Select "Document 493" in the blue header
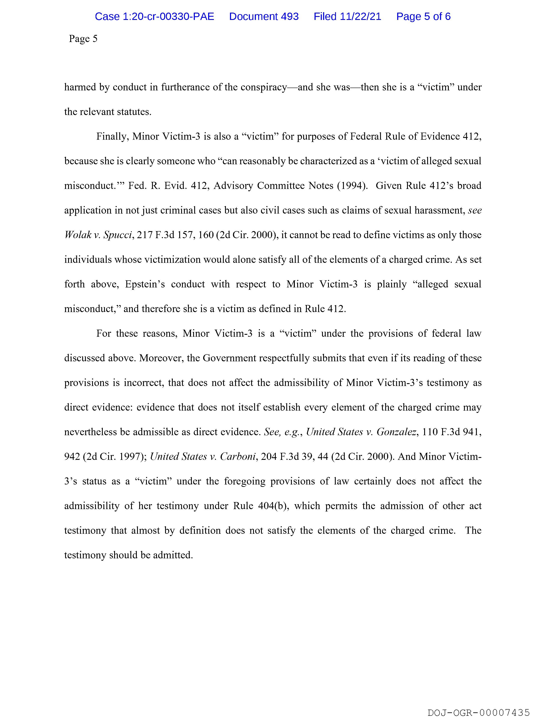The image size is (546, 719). coord(264,16)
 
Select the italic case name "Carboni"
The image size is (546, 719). coord(238,457)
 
